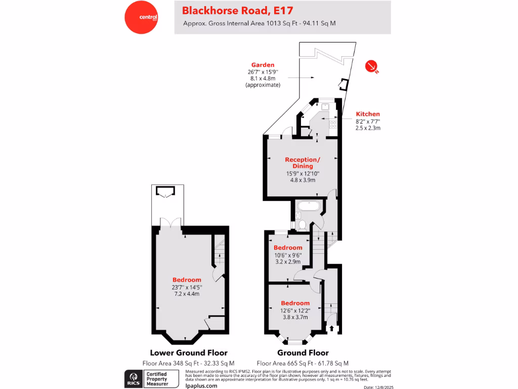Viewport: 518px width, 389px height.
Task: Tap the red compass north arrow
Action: [372, 66]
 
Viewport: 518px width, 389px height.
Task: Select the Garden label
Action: [263, 65]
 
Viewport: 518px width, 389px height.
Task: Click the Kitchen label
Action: [368, 114]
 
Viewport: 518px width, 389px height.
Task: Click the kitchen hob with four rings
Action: [334, 123]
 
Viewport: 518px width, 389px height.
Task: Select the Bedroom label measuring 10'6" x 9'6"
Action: [287, 248]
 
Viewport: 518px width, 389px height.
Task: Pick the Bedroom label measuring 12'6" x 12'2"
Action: [295, 303]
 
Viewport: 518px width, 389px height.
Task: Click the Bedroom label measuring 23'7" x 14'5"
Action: [187, 280]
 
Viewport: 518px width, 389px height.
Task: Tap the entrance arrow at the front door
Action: [332, 328]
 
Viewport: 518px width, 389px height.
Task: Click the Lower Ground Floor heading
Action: [189, 353]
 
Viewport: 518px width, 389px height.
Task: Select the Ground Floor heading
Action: [303, 353]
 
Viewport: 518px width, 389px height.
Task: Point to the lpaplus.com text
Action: [201, 385]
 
